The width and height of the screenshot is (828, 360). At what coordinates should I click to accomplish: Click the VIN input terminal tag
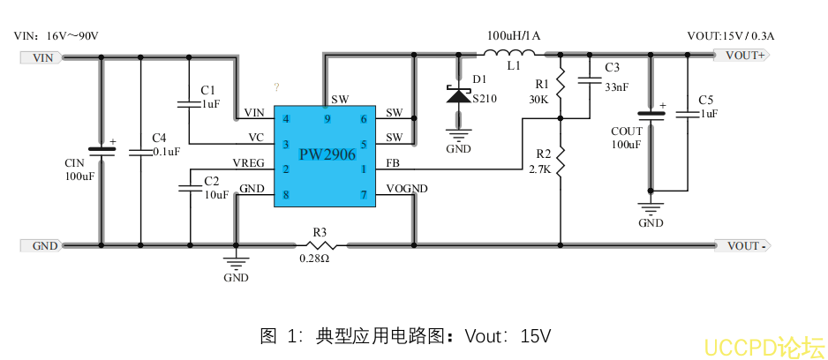click(x=41, y=58)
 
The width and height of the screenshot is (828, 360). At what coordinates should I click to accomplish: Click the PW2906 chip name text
click(x=327, y=155)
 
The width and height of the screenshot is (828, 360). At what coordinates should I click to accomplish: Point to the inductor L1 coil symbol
click(x=514, y=55)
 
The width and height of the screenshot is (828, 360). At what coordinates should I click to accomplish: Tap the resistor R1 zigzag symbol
click(x=561, y=85)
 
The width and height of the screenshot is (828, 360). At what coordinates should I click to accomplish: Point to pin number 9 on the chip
click(x=327, y=118)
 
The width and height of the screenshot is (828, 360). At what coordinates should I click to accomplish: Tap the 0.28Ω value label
click(x=314, y=259)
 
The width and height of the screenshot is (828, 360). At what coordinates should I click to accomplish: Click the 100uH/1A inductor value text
click(x=514, y=36)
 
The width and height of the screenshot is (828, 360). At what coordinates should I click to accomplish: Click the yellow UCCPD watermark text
click(x=764, y=346)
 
